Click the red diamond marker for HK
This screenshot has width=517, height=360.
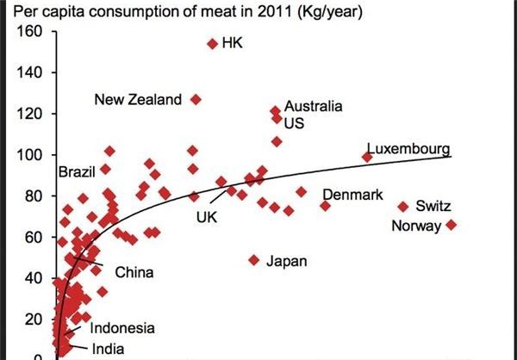point(212,44)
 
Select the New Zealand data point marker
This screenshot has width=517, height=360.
point(196,100)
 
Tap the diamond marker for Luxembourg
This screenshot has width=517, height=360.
point(367,157)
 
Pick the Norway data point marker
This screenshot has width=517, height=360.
point(451,226)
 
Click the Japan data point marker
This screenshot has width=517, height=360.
point(254,259)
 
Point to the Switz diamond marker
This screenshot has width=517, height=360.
point(402,207)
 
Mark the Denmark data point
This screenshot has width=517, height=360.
point(325,205)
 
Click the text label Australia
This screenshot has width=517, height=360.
point(313,106)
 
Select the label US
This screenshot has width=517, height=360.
point(294,123)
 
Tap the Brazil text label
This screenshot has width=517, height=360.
point(76,171)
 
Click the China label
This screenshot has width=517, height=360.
point(134,273)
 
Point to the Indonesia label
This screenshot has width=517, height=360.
point(122,328)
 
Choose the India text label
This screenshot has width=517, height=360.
point(107,349)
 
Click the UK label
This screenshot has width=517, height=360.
point(207,218)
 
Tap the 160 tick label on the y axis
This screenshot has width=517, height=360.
point(30,32)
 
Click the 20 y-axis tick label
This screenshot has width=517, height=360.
point(34,319)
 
